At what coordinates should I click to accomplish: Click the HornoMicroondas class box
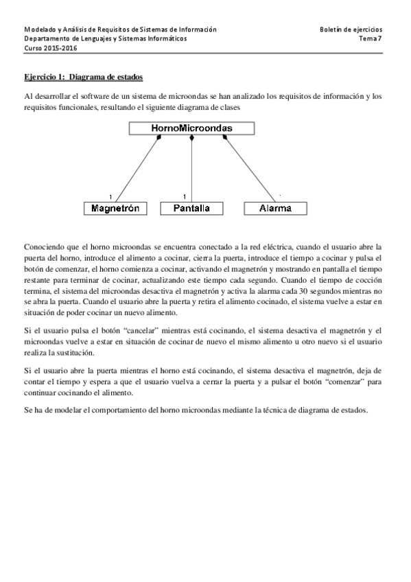(191, 128)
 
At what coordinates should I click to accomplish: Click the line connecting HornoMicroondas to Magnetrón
(137, 168)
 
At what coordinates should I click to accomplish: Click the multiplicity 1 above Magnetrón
(110, 197)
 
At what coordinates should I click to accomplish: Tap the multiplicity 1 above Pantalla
(185, 197)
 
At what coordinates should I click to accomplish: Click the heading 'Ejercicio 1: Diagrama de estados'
(84, 76)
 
